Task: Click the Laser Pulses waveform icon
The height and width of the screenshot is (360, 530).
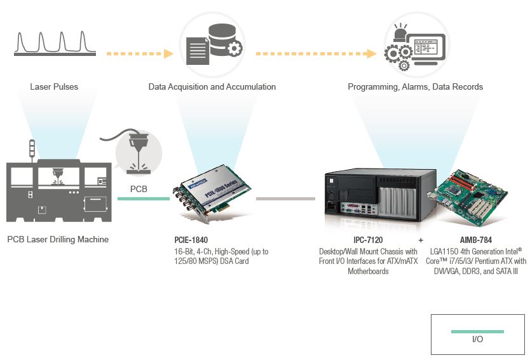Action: click(55, 43)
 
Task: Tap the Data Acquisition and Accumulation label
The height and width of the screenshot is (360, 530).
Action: click(212, 87)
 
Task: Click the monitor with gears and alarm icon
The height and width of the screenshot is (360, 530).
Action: click(414, 46)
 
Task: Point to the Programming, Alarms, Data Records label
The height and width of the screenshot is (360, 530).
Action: click(415, 87)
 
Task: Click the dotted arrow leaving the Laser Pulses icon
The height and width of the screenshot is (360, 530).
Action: click(140, 53)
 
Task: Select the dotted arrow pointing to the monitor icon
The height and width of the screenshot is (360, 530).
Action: click(316, 53)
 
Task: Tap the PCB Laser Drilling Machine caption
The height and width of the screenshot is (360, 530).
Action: click(58, 240)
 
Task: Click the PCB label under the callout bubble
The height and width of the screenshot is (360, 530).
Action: click(139, 189)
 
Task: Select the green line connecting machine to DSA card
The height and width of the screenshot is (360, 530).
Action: click(144, 198)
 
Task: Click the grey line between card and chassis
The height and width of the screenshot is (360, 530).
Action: click(285, 198)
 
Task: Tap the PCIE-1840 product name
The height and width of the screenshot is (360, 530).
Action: click(191, 240)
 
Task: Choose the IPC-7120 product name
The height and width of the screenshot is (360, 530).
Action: click(368, 240)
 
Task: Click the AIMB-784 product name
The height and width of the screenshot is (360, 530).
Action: click(476, 240)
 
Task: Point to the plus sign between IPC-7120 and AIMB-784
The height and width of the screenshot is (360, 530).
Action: click(421, 240)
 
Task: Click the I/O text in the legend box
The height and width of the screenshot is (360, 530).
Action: click(478, 339)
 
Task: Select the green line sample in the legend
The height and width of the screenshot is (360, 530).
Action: click(477, 331)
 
